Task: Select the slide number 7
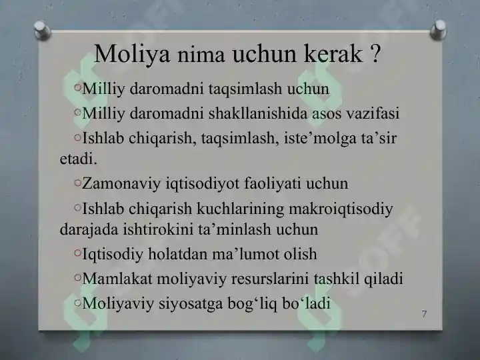tap(425, 314)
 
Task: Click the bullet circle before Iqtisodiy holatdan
tap(78, 253)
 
